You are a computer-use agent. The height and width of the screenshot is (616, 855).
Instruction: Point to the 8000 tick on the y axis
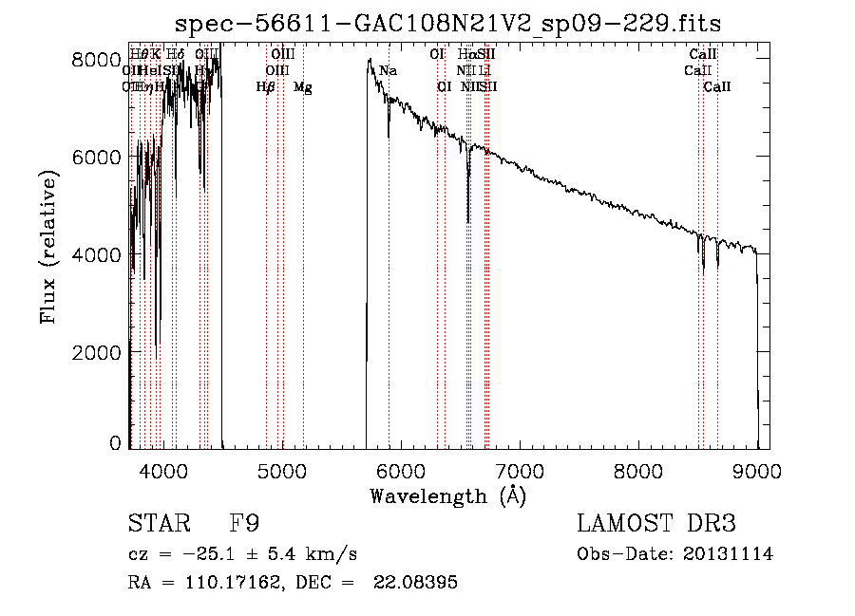coord(97,60)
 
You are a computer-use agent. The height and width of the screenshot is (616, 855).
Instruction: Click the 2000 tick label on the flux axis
coord(97,352)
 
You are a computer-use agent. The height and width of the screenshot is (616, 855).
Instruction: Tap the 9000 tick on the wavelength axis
coord(757,470)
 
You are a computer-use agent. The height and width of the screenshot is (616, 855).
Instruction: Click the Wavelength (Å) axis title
coord(447,495)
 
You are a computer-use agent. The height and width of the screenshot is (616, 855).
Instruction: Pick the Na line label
coord(388,71)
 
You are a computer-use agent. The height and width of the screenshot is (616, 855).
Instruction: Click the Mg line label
coord(303,87)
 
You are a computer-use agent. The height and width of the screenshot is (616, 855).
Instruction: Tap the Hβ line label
coord(266,87)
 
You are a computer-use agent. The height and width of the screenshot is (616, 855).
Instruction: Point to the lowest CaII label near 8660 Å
coord(717,87)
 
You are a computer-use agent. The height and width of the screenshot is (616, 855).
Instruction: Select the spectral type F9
coord(244,524)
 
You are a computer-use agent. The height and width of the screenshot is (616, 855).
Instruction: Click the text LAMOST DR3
coord(656,524)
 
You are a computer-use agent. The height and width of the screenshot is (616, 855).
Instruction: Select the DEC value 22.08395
coord(415,583)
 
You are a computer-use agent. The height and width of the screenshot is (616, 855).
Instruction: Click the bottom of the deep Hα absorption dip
coord(468,222)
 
